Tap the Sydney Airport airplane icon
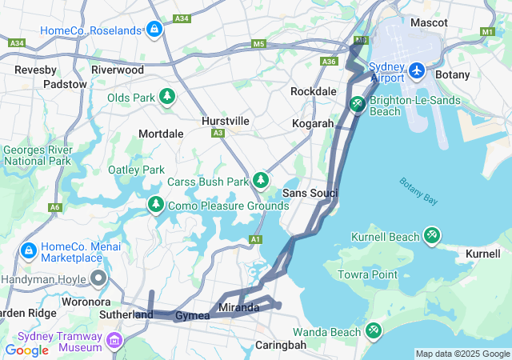point(416,71)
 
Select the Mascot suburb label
point(429,22)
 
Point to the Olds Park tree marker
point(167,98)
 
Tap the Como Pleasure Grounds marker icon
point(155,206)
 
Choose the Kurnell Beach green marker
point(432,236)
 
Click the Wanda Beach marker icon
point(373,330)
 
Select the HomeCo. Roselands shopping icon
point(154,30)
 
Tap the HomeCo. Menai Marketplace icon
point(29,250)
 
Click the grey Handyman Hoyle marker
point(99,279)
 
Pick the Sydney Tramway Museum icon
point(114,342)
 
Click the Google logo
point(26,350)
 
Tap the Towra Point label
point(368,274)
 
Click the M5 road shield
point(258,44)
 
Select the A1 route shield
point(255,239)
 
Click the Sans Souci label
point(310,194)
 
